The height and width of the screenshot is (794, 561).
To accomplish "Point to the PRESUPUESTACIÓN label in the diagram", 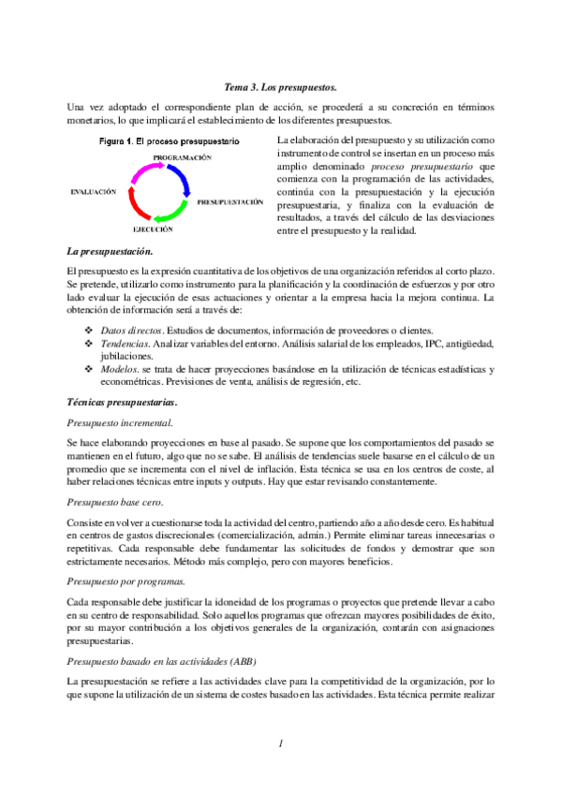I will point(229,201).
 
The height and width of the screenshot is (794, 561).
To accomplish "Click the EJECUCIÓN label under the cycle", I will point(152,228).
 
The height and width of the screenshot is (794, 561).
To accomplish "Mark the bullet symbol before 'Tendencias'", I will point(89,344).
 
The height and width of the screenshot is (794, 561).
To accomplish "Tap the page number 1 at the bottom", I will point(279,743).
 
